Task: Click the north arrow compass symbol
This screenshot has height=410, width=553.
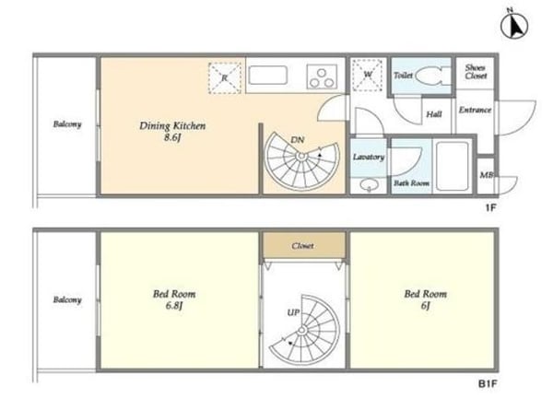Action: (x=514, y=26)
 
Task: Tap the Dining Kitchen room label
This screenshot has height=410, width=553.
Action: (x=172, y=131)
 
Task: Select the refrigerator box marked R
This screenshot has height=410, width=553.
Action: (x=225, y=78)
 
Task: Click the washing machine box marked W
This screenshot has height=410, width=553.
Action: (x=368, y=75)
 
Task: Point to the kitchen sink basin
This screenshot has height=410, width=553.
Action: (x=267, y=76)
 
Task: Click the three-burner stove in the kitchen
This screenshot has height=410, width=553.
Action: (x=322, y=76)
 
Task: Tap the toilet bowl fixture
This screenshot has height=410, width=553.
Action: (x=433, y=76)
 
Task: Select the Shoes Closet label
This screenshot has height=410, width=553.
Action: (x=476, y=72)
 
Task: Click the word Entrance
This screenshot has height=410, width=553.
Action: (x=475, y=110)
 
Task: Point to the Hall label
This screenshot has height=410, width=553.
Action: (x=434, y=114)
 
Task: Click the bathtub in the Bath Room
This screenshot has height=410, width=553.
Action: (x=453, y=166)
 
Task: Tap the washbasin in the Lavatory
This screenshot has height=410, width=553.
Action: (x=369, y=184)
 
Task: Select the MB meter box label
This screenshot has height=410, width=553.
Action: (x=486, y=174)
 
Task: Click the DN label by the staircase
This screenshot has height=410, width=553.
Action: (x=298, y=140)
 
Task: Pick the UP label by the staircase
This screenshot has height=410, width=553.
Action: (x=293, y=312)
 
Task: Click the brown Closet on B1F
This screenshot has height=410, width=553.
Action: (x=303, y=245)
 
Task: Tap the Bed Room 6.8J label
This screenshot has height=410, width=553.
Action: (x=174, y=299)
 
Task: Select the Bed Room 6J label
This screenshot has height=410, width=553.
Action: (x=425, y=299)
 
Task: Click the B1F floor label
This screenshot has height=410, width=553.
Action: (x=488, y=384)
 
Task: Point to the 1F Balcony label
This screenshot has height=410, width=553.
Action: (x=67, y=124)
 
